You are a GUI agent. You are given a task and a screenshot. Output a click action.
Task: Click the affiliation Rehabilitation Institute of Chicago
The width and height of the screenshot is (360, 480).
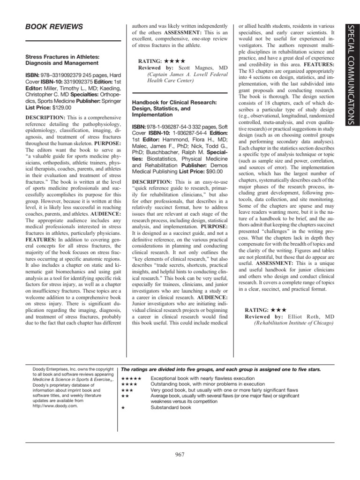click(293, 323)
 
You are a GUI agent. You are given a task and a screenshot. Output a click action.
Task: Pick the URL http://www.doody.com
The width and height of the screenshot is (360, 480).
click(50, 406)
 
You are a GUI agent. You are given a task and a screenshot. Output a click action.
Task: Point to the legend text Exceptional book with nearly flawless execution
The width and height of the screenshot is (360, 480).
click(202, 378)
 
